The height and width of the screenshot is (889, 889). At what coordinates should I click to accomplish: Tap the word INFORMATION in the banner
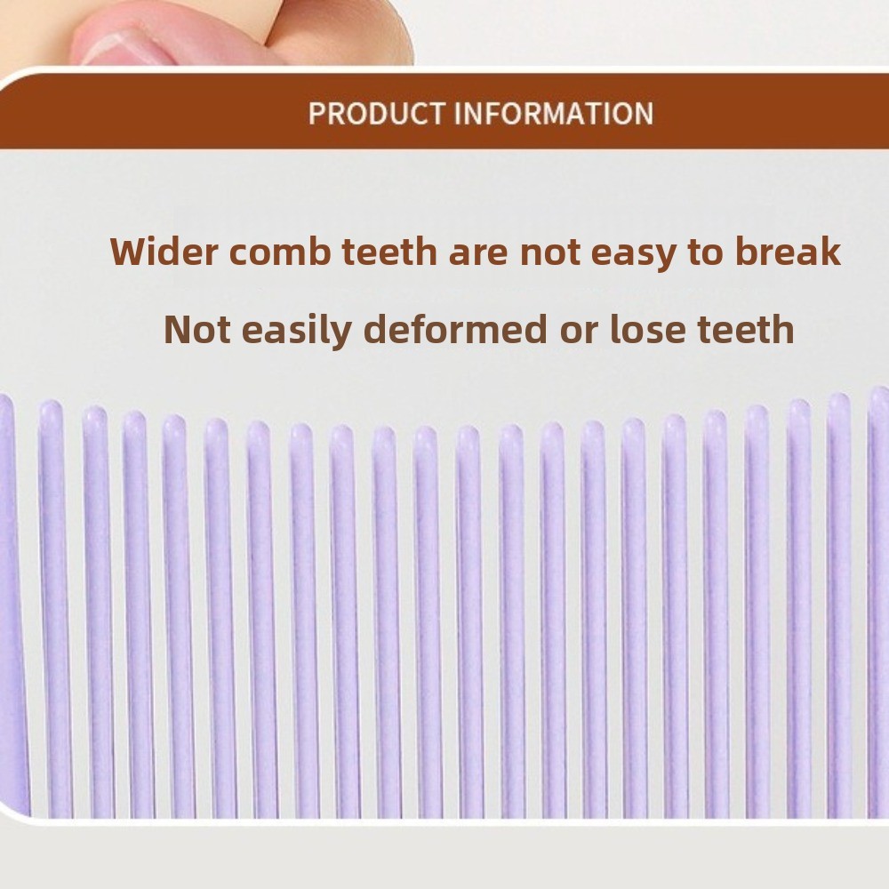(554, 113)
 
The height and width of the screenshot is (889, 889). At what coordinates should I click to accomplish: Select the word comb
(280, 252)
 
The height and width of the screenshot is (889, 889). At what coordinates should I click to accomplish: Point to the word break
(788, 252)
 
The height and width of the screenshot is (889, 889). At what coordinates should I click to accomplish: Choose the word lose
(645, 329)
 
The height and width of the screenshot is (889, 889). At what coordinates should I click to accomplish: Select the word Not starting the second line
(197, 329)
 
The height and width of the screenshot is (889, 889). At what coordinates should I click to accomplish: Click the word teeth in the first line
(390, 252)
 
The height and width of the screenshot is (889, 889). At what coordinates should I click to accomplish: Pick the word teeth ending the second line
(744, 329)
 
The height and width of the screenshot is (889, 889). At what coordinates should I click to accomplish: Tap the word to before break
(705, 252)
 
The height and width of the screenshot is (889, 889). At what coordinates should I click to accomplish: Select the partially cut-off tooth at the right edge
(879, 602)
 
